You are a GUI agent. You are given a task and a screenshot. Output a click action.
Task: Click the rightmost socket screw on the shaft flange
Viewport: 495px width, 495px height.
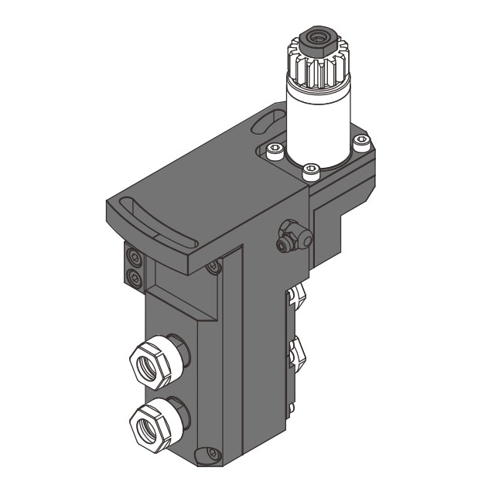(360, 141)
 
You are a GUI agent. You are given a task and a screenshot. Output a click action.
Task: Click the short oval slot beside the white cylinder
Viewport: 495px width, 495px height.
(268, 124)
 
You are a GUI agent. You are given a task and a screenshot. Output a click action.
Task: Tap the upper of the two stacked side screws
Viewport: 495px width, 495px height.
(135, 257)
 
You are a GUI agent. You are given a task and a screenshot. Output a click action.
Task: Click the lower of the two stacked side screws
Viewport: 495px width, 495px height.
(135, 276)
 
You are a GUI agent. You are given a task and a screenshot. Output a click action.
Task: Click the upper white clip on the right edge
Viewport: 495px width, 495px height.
(297, 295)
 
